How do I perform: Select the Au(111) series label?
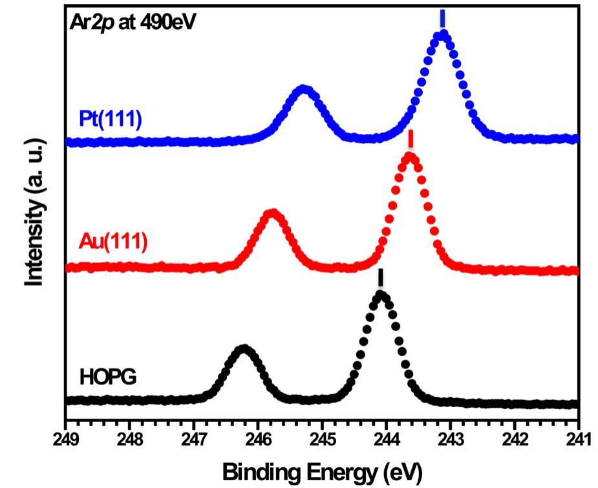pos(113,241)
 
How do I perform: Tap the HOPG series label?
pos(108,376)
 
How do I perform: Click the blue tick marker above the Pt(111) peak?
pos(442,17)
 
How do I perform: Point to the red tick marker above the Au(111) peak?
pos(411,140)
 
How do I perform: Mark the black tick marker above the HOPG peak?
pos(381,278)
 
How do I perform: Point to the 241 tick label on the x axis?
pos(577,439)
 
